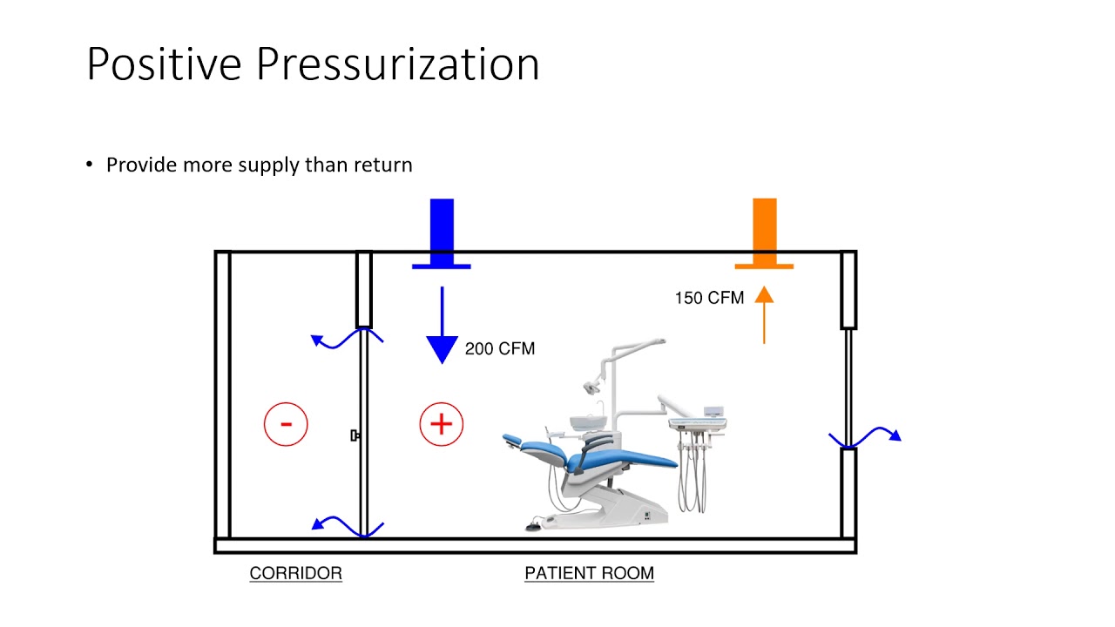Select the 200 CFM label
pos(499,348)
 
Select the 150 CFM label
pos(709,298)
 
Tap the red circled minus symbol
pos(286,424)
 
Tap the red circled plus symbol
pos(441,424)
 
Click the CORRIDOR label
pos(295,573)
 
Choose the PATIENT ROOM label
pos(589,573)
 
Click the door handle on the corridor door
pos(355,435)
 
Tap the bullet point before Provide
pos(89,165)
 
